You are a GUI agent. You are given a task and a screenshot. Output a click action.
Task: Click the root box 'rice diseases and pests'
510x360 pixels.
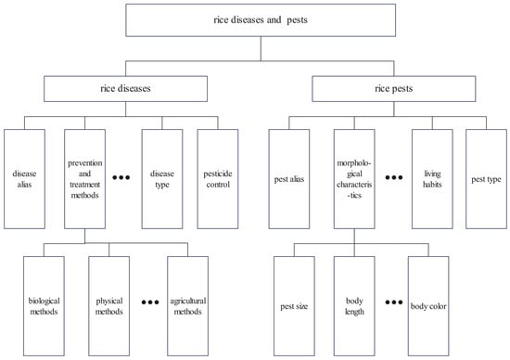tap(254, 20)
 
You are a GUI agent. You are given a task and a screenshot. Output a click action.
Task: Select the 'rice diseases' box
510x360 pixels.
tap(125, 88)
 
